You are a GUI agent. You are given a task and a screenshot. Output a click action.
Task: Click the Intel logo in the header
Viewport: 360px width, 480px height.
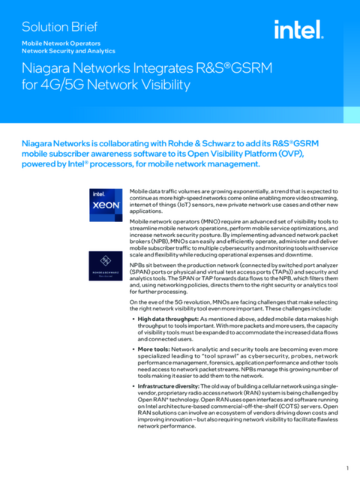click(x=298, y=31)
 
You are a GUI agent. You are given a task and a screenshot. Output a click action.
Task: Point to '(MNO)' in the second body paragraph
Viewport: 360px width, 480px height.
click(x=211, y=223)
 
